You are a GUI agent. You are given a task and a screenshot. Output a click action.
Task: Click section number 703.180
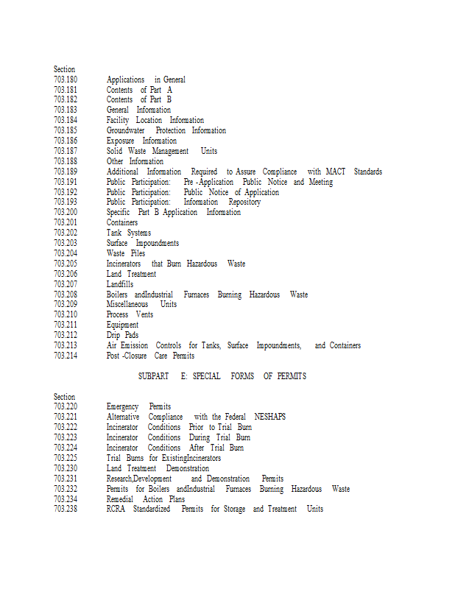65,80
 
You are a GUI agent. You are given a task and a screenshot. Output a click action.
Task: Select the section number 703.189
65,172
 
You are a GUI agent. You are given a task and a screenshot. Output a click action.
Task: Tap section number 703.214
65,356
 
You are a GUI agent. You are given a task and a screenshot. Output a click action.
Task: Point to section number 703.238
65,509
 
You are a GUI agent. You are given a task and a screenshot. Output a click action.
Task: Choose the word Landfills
120,284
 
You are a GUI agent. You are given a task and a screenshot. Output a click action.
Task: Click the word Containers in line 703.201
122,222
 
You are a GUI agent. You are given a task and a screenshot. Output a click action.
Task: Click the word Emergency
122,406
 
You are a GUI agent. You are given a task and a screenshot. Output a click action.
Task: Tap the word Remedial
119,499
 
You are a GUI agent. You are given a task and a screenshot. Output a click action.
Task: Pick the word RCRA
115,509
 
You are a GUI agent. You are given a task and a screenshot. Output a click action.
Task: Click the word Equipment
122,325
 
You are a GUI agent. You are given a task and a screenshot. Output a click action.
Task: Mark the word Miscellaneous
127,304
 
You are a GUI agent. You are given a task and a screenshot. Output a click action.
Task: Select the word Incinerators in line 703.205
124,264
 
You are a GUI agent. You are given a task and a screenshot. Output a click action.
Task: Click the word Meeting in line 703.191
320,182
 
